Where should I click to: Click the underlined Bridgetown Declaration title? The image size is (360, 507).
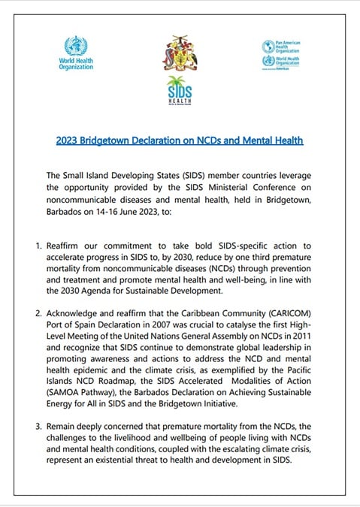pos(180,140)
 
